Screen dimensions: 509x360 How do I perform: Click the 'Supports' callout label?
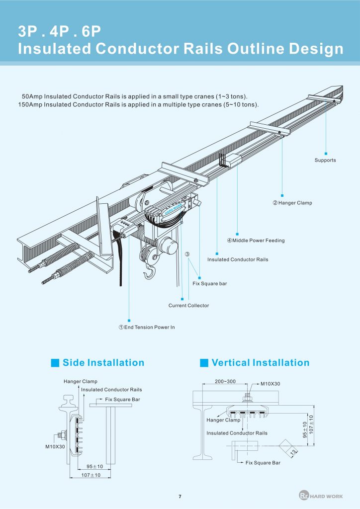pyautogui.click(x=325, y=160)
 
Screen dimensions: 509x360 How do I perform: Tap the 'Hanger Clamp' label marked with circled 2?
pyautogui.click(x=292, y=203)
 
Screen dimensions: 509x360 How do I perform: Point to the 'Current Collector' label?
pyautogui.click(x=188, y=305)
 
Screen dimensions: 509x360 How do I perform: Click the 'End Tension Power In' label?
pyautogui.click(x=146, y=327)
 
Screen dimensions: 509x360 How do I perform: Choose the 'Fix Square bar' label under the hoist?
pyautogui.click(x=210, y=283)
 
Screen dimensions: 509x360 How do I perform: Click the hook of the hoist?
pyautogui.click(x=149, y=273)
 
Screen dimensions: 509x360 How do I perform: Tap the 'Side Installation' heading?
pyautogui.click(x=103, y=363)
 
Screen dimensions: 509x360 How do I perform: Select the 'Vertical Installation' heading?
pyautogui.click(x=260, y=363)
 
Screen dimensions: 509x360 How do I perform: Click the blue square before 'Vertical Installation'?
pyautogui.click(x=204, y=363)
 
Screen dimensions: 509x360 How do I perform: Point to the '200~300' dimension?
pyautogui.click(x=226, y=381)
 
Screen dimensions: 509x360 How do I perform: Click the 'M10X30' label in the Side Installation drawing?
pyautogui.click(x=55, y=447)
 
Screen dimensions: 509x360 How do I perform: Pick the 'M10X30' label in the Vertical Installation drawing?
pyautogui.click(x=270, y=384)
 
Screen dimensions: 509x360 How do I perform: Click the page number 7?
pyautogui.click(x=180, y=497)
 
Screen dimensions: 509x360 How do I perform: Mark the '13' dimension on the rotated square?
pyautogui.click(x=293, y=451)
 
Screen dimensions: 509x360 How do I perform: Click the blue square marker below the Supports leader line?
pyautogui.click(x=326, y=153)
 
